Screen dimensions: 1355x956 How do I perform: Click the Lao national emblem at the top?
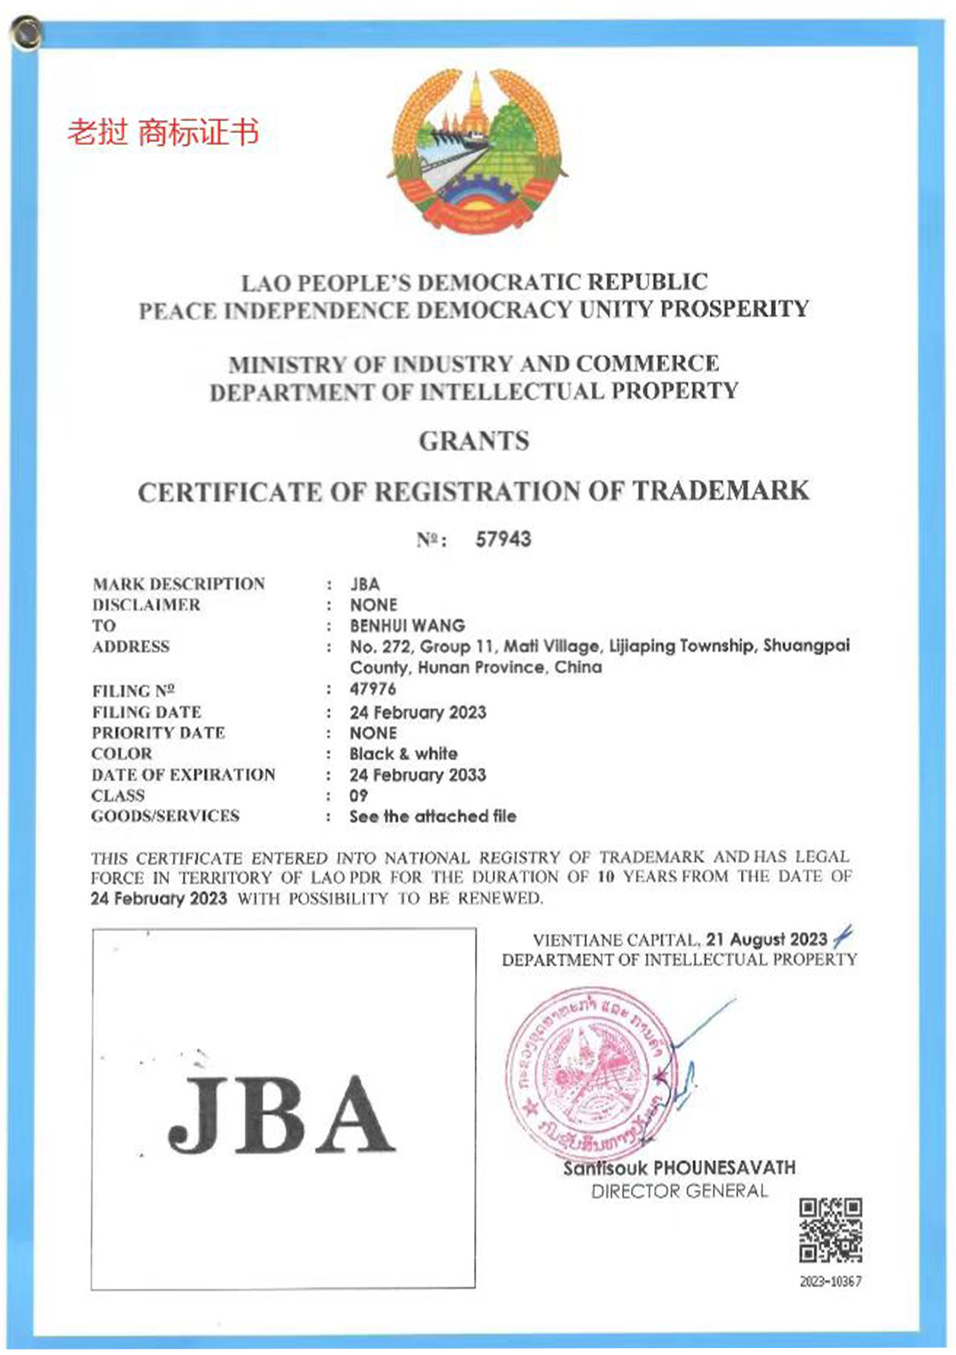click(x=476, y=151)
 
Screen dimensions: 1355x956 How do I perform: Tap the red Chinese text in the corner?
click(x=163, y=132)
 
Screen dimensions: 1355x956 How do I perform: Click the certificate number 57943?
click(x=503, y=540)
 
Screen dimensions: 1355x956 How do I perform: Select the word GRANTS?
click(x=474, y=441)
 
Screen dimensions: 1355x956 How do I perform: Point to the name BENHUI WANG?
click(x=407, y=626)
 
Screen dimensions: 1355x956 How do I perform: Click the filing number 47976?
click(x=373, y=689)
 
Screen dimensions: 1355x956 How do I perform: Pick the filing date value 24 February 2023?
click(x=417, y=712)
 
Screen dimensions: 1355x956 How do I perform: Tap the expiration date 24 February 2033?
click(x=417, y=775)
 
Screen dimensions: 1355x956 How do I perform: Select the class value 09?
click(x=359, y=795)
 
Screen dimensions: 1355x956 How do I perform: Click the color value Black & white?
click(x=403, y=754)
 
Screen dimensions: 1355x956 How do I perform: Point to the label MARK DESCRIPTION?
click(x=178, y=584)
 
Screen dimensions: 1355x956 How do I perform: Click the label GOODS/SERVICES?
click(x=165, y=816)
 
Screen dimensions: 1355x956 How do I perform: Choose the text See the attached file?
click(x=433, y=816)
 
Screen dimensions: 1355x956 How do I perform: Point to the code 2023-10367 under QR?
click(x=830, y=1282)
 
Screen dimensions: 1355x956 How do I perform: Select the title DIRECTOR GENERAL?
click(x=680, y=1192)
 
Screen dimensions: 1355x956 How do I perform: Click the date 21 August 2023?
click(x=766, y=940)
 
